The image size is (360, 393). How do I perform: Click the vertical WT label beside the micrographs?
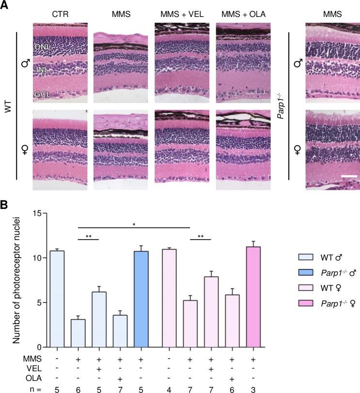click(7, 101)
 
